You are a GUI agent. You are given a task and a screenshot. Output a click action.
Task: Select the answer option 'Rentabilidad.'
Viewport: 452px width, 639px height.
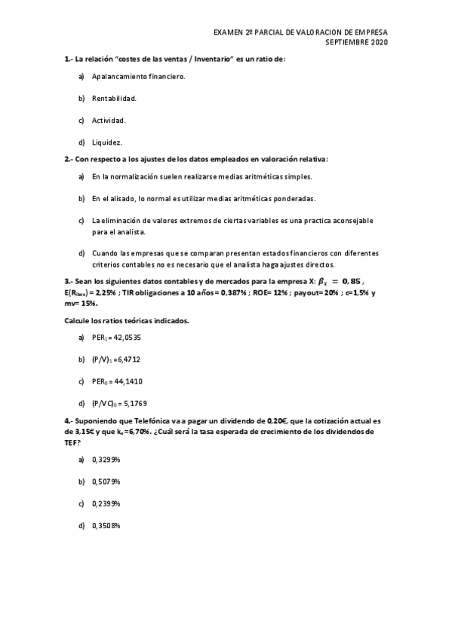(114, 98)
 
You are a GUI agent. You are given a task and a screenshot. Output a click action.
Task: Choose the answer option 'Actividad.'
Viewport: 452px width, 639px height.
(109, 120)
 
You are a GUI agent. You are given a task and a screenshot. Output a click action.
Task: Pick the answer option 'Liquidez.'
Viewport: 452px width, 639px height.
(107, 142)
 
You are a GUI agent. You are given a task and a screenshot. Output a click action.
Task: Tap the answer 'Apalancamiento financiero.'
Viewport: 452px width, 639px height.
(138, 76)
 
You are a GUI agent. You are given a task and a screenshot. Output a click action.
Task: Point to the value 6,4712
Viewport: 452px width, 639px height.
(128, 360)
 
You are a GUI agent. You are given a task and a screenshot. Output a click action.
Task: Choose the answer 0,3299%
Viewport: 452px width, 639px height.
(106, 459)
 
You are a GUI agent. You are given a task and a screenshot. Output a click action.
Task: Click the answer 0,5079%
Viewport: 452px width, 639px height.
(106, 481)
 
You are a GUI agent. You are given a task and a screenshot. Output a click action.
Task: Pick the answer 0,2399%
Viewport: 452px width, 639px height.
(106, 503)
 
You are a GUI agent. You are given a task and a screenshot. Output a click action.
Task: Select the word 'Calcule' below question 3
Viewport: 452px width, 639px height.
(78, 320)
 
